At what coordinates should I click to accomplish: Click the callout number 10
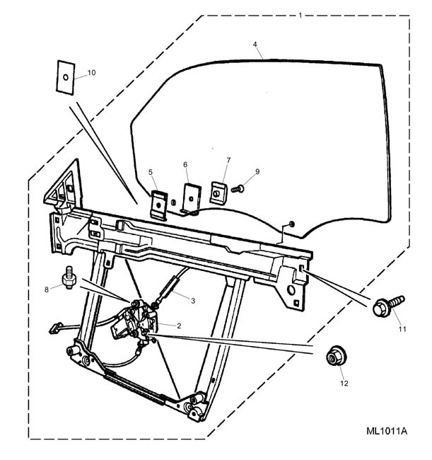tap(91, 72)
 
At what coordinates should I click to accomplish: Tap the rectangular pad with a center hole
tap(65, 77)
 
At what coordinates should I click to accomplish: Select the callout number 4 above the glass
tap(255, 45)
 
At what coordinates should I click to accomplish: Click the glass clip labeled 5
tap(159, 205)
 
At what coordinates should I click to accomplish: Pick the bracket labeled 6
tap(192, 199)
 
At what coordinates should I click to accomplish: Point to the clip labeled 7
tap(218, 192)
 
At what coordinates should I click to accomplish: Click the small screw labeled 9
tap(238, 188)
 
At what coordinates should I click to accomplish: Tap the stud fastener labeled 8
tap(69, 277)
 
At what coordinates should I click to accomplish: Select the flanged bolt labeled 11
tap(388, 306)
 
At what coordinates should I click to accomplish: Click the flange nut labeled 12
tap(336, 355)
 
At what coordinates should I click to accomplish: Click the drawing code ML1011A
tap(386, 431)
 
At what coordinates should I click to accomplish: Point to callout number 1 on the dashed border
tap(300, 16)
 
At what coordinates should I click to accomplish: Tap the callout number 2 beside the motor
tap(179, 326)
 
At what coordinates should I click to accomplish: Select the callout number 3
tap(193, 301)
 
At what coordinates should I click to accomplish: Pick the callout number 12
tap(344, 383)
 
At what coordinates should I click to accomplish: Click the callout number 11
tap(402, 329)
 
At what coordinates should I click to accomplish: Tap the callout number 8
tap(46, 289)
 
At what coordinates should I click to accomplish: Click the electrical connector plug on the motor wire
tap(55, 328)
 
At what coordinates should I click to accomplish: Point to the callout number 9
tap(257, 172)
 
